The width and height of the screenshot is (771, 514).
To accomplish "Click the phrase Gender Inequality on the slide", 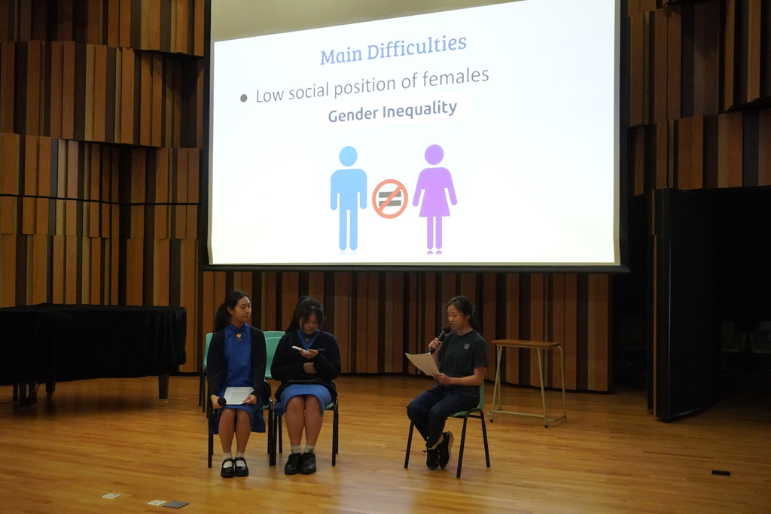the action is (x=392, y=111).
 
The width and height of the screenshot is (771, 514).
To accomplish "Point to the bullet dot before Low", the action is (x=244, y=99).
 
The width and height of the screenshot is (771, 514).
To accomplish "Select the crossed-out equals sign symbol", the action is (x=390, y=199).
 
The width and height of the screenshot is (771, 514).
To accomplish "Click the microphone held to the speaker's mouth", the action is (x=440, y=338).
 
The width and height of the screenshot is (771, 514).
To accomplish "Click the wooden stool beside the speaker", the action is (x=528, y=381).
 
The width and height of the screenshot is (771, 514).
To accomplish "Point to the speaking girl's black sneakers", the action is (x=439, y=451).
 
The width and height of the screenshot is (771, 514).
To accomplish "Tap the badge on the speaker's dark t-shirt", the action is (x=466, y=346).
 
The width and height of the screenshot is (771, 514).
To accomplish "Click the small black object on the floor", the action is (x=721, y=473).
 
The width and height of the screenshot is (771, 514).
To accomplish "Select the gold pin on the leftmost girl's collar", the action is (x=239, y=336).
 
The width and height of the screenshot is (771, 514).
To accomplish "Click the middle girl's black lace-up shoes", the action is (x=300, y=463).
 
